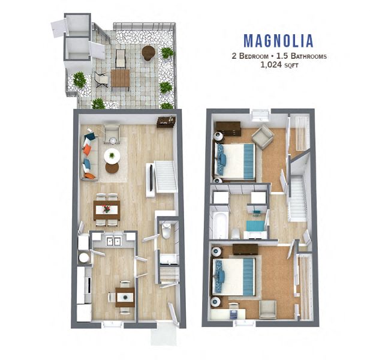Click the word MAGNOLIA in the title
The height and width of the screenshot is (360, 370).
278,41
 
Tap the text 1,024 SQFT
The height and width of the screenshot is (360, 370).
278,67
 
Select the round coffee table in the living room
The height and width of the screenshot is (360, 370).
112,156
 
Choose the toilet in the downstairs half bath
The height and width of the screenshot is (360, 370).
166,230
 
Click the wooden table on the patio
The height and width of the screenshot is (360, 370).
121,79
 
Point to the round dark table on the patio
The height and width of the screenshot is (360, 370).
148,53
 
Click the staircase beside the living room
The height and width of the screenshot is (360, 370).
163,177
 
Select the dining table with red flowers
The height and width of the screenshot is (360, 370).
107,209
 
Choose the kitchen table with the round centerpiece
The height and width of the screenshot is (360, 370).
125,295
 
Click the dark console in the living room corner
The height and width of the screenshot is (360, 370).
166,122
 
